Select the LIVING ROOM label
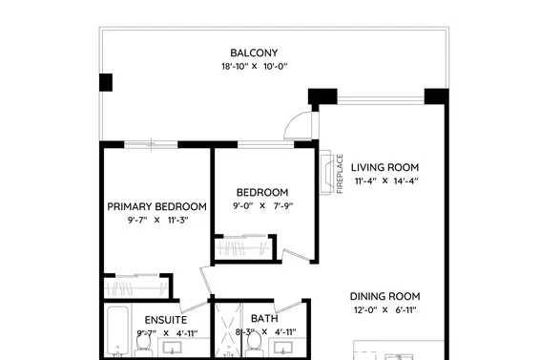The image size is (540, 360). (x=386, y=165)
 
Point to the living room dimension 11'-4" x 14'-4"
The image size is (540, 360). (x=386, y=180)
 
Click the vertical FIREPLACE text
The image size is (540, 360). (x=340, y=173)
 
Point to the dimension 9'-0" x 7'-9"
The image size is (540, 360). (x=260, y=206)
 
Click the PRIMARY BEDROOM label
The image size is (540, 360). (x=156, y=206)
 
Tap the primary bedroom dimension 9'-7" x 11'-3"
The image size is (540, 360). (x=156, y=221)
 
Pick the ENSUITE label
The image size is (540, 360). (x=166, y=319)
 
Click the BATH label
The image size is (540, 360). (x=263, y=319)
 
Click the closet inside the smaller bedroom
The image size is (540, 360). (x=244, y=247)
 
